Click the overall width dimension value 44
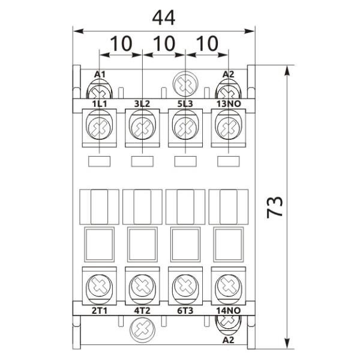(163, 17)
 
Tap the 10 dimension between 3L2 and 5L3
(164, 44)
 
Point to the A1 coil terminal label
(100, 74)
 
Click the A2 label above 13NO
(228, 74)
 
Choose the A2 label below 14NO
(228, 340)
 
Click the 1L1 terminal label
(99, 104)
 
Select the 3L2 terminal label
(142, 104)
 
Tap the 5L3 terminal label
(185, 104)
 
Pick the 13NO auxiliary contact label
(228, 104)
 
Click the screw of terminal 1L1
(99, 128)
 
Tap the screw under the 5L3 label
(185, 128)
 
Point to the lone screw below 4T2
(142, 328)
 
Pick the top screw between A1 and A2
(185, 83)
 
